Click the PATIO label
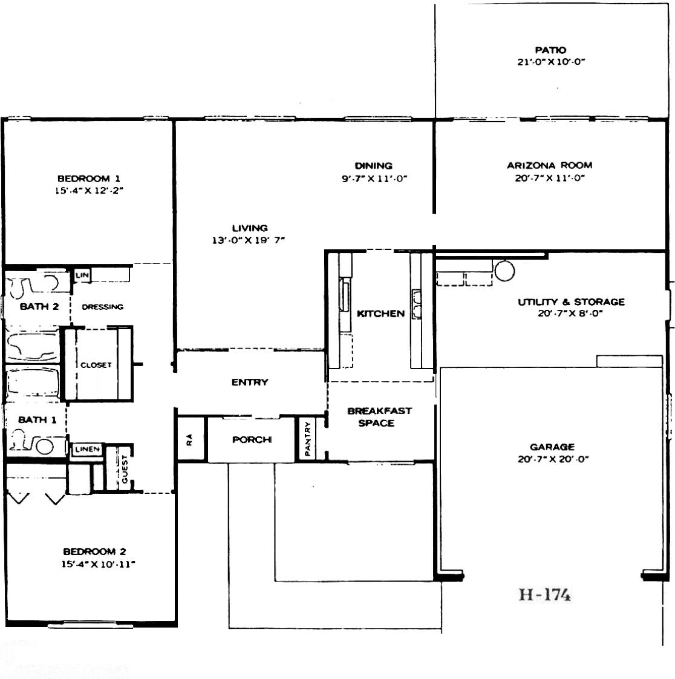click(550, 50)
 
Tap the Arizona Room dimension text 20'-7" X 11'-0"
click(550, 178)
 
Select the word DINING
click(373, 166)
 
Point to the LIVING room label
click(250, 228)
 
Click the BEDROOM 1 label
click(89, 179)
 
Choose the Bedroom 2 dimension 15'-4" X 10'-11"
click(98, 564)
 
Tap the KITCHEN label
click(381, 313)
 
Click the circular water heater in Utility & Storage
click(504, 271)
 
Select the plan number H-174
click(545, 594)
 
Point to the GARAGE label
click(552, 447)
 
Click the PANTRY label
click(308, 439)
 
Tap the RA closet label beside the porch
click(189, 440)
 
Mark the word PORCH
click(252, 440)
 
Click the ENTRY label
click(250, 382)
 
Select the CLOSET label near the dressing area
click(96, 365)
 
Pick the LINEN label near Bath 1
click(88, 450)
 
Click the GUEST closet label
click(125, 469)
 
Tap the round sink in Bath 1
click(45, 447)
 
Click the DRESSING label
click(103, 307)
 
